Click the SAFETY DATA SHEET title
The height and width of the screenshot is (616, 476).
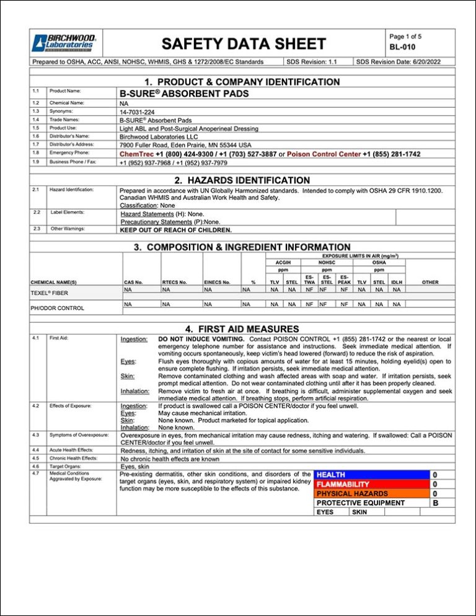[x=243, y=43]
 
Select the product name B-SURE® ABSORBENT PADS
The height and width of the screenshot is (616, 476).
[x=184, y=94]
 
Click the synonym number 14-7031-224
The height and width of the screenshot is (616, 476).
[x=138, y=112]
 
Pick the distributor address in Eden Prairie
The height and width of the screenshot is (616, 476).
[x=185, y=144]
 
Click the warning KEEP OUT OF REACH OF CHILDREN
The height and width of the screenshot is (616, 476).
[x=176, y=230]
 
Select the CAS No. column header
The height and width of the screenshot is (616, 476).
[x=133, y=282]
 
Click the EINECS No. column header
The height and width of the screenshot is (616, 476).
[x=218, y=282]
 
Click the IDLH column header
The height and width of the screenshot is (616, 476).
[x=397, y=282]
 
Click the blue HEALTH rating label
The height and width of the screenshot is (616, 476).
[x=332, y=475]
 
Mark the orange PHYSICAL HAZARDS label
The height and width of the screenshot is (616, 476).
[x=352, y=493]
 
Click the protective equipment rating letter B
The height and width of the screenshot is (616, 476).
[x=435, y=503]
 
